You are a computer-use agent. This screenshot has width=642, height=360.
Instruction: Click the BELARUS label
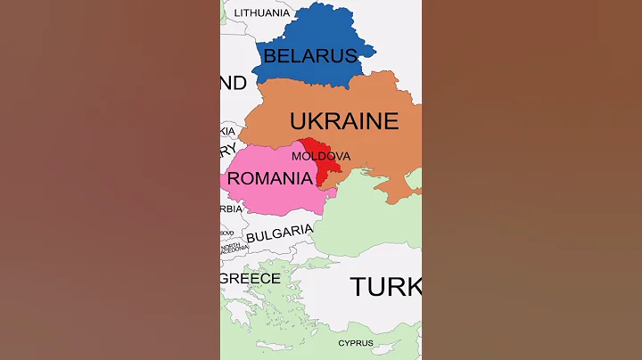309,56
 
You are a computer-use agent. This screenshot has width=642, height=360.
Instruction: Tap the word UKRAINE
343,121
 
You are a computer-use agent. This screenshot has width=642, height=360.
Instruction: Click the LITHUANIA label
261,13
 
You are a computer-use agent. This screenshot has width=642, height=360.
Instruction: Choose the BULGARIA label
279,234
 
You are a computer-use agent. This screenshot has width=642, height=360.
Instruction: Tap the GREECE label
251,279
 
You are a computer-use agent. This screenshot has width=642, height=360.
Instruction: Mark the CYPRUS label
356,343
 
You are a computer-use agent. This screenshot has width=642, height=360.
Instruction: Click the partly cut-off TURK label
385,287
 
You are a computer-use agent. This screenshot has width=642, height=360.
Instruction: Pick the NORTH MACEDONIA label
231,249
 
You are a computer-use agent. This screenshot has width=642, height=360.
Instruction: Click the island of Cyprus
356,332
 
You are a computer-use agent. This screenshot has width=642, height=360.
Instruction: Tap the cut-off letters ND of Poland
234,83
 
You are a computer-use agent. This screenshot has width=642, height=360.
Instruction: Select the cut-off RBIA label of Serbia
231,209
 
